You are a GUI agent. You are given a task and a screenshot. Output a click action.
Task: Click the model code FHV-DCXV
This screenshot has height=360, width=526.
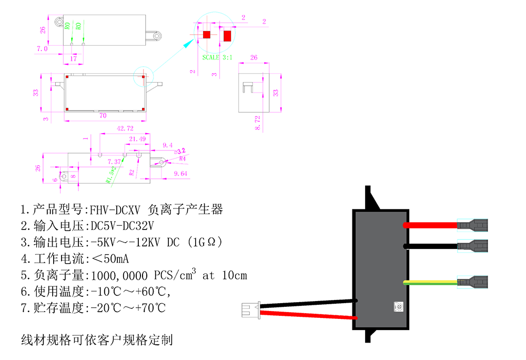pos(115,210)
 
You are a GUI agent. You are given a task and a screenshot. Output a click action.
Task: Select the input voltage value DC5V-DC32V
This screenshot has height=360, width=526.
pos(123,226)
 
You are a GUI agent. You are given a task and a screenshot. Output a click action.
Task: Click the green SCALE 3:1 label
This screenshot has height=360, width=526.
pos(218,57)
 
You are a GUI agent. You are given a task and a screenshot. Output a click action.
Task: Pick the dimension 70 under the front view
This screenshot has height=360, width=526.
pos(103,115)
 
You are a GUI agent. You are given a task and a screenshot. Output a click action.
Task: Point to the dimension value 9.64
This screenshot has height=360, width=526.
pos(181,173)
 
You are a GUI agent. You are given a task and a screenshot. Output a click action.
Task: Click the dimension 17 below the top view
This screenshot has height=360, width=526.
pos(74,58)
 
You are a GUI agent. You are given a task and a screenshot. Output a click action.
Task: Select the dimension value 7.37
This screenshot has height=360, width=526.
pos(115,161)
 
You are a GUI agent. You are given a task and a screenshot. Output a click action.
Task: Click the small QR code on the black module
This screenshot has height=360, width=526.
pos(398,306)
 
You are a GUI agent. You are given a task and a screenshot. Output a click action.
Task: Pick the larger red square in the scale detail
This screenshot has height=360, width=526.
pos(227,36)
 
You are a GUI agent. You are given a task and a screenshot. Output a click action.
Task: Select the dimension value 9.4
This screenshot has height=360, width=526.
pos(168,145)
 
